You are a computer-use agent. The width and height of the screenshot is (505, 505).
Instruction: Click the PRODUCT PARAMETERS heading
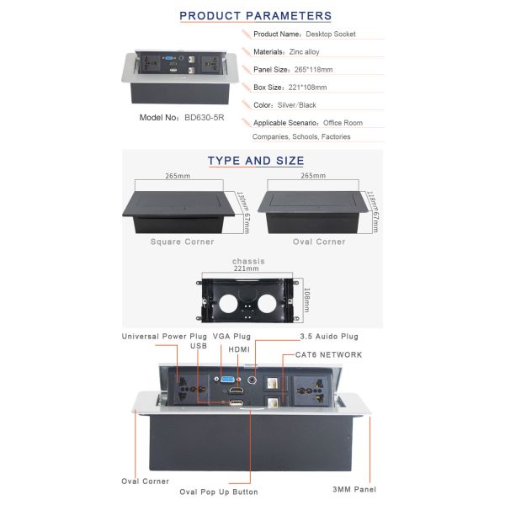click(x=256, y=16)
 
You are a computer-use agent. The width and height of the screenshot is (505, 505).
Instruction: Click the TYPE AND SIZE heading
click(x=256, y=161)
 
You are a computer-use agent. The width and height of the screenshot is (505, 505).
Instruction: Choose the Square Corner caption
click(x=182, y=242)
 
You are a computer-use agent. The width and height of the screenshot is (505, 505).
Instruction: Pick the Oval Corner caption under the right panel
click(x=318, y=242)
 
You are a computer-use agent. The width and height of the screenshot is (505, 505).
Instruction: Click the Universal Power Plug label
click(x=164, y=336)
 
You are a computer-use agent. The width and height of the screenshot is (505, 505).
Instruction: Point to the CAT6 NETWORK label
click(x=329, y=355)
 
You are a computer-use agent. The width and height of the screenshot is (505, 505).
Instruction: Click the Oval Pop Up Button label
click(x=219, y=492)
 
